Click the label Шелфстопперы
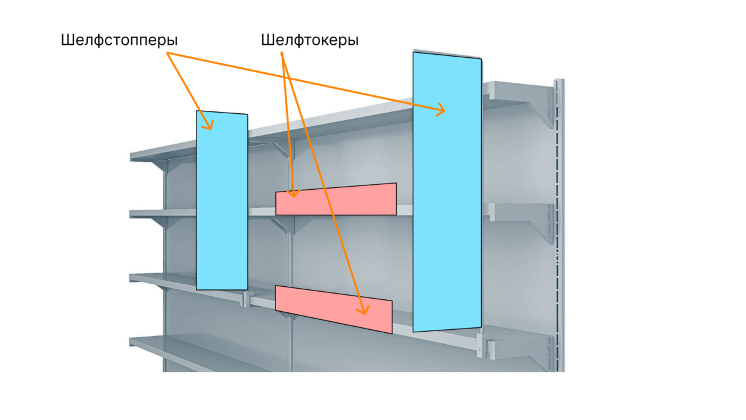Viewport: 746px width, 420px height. (x=119, y=41)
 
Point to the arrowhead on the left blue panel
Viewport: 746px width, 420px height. (x=210, y=126)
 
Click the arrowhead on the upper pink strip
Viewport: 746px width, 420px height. (x=294, y=194)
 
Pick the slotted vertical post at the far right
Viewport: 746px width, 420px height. (x=559, y=224)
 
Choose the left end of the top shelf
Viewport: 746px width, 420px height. (x=138, y=156)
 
